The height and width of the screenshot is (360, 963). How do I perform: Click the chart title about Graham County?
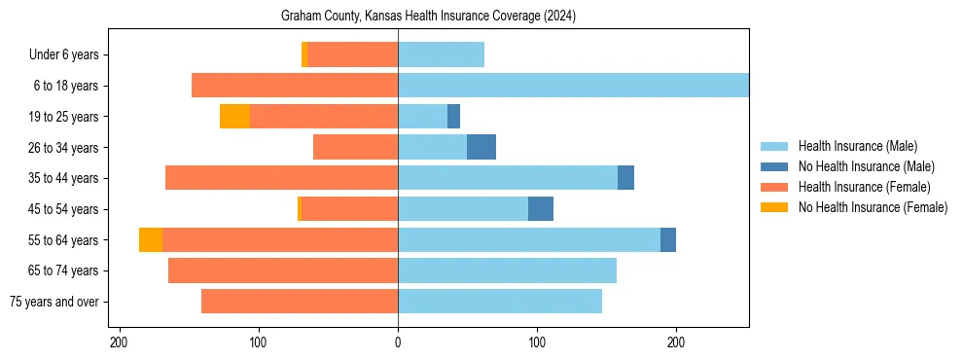[x=428, y=17]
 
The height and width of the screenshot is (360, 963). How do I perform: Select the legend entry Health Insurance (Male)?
[x=857, y=146]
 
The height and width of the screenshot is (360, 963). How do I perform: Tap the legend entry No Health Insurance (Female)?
[x=873, y=207]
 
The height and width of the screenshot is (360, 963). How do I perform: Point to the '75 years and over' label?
[x=53, y=302]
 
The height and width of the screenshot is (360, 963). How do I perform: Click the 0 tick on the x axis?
[x=398, y=342]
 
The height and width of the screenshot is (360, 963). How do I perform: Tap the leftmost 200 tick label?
[x=120, y=342]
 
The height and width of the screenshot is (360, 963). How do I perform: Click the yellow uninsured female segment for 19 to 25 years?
[x=234, y=116]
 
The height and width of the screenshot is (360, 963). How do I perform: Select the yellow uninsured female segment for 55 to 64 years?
[x=151, y=239]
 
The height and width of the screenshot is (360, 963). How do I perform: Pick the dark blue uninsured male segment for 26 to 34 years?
[x=481, y=147]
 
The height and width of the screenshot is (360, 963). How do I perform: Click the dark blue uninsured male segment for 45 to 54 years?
[x=541, y=208]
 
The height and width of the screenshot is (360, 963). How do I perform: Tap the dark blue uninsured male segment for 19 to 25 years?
[x=453, y=116]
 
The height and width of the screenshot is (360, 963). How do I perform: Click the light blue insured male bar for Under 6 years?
[x=441, y=54]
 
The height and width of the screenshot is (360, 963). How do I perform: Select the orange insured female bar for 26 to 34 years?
[x=355, y=147]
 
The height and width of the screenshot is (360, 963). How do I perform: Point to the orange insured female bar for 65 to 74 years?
[x=283, y=270]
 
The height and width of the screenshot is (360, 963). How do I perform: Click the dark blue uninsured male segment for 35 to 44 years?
[x=625, y=178]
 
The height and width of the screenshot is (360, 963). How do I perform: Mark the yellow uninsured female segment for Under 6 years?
[x=304, y=54]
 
